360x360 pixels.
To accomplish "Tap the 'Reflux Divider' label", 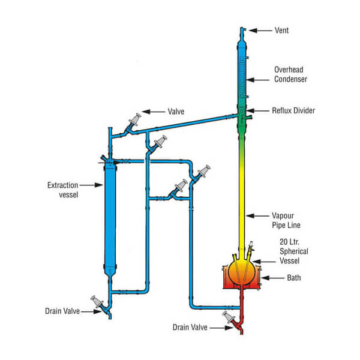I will (x=293, y=111).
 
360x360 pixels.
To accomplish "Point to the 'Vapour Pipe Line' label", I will (x=287, y=220).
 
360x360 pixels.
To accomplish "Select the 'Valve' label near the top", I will (x=177, y=112).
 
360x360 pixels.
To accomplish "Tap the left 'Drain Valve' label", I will (x=64, y=311).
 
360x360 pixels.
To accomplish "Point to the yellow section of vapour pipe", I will (x=244, y=198).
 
